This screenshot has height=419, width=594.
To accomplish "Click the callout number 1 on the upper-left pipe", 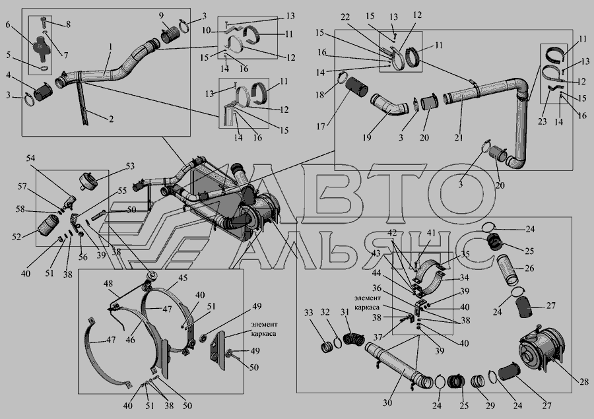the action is pyautogui.click(x=110, y=47).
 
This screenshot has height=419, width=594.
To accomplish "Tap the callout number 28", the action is pyautogui.click(x=584, y=381).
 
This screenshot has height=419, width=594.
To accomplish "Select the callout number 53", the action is pyautogui.click(x=130, y=166).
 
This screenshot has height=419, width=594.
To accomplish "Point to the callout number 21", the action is pyautogui.click(x=459, y=137).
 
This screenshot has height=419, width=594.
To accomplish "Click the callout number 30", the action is pyautogui.click(x=387, y=403).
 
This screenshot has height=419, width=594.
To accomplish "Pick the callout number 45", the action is pyautogui.click(x=183, y=278).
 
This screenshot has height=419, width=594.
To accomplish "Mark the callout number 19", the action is pyautogui.click(x=367, y=137).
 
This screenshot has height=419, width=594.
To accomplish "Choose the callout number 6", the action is pyautogui.click(x=8, y=24).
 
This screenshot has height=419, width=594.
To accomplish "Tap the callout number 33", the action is pyautogui.click(x=309, y=313).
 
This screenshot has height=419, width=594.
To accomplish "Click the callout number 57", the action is pyautogui.click(x=22, y=186).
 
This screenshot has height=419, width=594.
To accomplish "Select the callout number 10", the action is pyautogui.click(x=206, y=30).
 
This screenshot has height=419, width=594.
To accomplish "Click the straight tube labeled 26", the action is pyautogui.click(x=507, y=269).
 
